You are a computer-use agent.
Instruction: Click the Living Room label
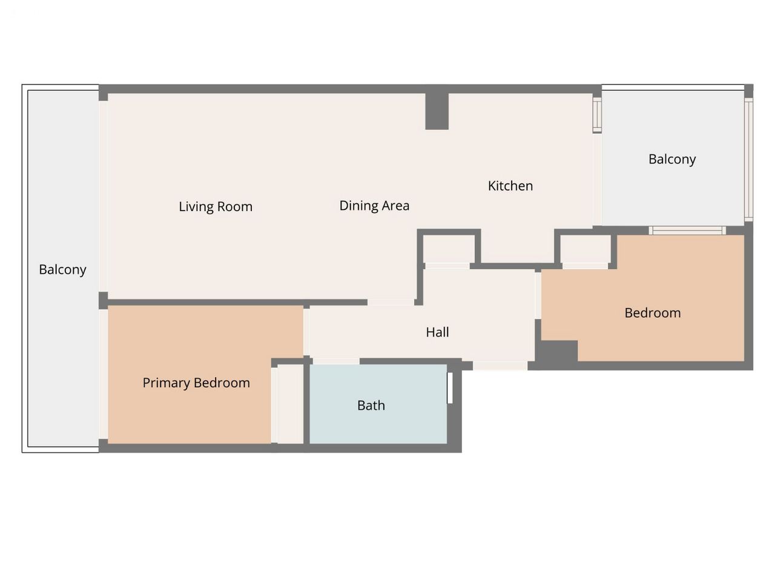pos(216,207)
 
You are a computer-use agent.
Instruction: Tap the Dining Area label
pos(374,206)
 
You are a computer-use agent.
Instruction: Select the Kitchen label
pos(510,186)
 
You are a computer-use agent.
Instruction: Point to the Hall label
pos(437,332)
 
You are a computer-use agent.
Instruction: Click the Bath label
pos(371,405)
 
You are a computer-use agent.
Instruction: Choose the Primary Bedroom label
pos(196,383)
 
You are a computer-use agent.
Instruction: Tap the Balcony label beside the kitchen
pos(672,159)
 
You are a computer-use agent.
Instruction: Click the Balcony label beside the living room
pos(62,270)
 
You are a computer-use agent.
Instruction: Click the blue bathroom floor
pos(378,404)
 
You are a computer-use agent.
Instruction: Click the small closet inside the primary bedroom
pos(290,404)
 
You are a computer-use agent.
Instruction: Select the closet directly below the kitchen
pos(449,249)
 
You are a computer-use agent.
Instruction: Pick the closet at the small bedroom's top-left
pos(585,249)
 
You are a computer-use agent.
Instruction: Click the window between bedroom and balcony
pos(687,231)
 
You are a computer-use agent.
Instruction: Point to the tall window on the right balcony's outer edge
pos(748,160)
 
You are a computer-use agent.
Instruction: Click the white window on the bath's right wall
pos(450,388)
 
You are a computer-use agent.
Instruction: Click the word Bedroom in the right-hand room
pos(653,313)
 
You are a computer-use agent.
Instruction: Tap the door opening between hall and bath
pos(336,361)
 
